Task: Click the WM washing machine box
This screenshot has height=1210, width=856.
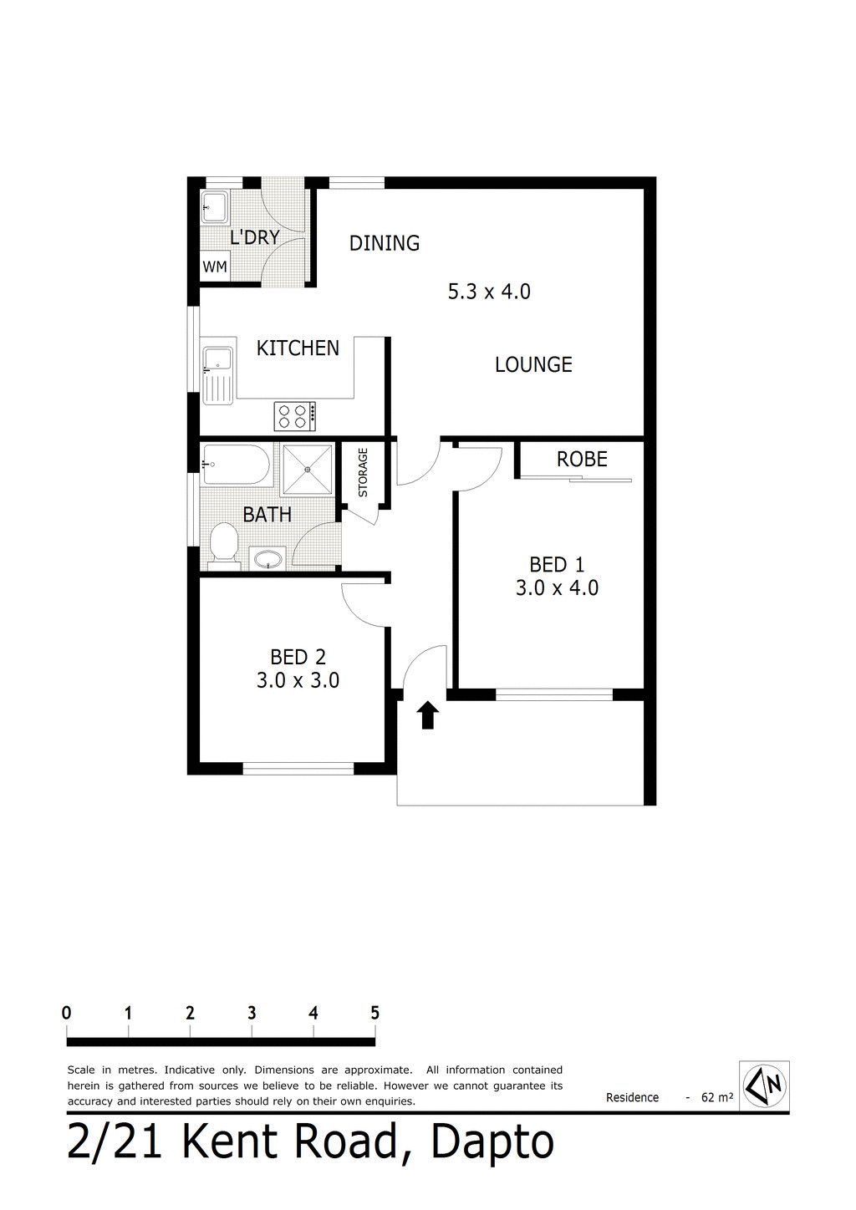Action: [x=215, y=267]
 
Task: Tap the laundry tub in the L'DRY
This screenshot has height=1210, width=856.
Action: [x=215, y=207]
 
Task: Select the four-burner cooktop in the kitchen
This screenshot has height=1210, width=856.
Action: [x=295, y=416]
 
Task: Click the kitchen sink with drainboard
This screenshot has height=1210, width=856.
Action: [x=217, y=374]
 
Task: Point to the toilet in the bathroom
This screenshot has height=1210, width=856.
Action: [x=223, y=544]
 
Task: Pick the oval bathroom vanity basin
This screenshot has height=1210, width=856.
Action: [x=267, y=558]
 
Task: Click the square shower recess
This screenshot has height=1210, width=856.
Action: [x=307, y=470]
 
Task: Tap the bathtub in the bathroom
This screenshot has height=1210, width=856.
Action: [x=237, y=465]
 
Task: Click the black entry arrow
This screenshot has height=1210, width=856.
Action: [x=428, y=715]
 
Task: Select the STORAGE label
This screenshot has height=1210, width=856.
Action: [x=363, y=472]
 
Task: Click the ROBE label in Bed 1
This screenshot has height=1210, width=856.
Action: [x=582, y=459]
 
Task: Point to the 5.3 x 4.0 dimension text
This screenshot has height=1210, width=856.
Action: [x=489, y=292]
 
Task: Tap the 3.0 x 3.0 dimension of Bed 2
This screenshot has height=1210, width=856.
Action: [x=298, y=680]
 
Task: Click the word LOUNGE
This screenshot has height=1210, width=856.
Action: [x=533, y=364]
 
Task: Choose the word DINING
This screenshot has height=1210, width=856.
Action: [x=385, y=243]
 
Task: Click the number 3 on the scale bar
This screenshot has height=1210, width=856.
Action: [x=252, y=1013]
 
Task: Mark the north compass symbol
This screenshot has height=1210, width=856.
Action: [x=765, y=1085]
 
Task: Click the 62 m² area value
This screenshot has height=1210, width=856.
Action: [x=717, y=1097]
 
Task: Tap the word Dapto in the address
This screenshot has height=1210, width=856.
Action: [x=492, y=1141]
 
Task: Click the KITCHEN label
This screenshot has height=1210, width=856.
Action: [x=298, y=348]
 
